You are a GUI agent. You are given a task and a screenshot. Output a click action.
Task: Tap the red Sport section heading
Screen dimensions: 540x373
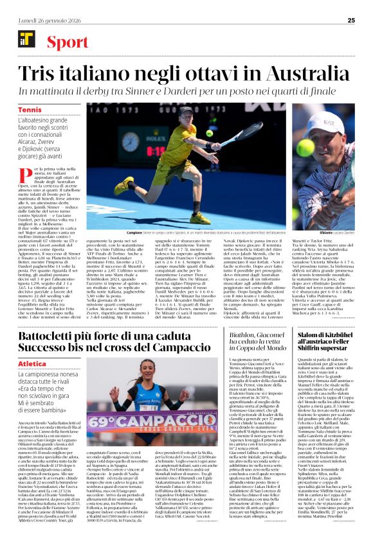pos(67,42)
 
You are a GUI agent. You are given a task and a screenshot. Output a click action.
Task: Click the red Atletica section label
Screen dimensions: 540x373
pos(32,363)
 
